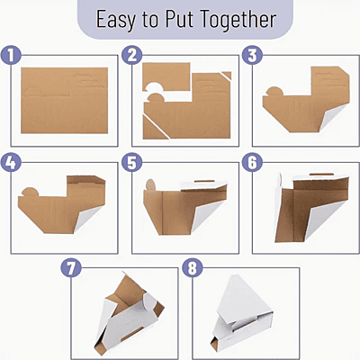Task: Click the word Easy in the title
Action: point(116,20)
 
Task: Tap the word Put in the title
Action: point(179,19)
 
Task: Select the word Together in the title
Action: point(238,20)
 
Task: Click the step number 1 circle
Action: point(11,55)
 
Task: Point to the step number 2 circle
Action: point(132,55)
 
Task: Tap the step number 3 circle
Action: point(252,55)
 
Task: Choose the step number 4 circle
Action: point(11,162)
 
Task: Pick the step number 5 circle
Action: point(132,162)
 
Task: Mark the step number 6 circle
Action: point(252,162)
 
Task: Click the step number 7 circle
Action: point(71,267)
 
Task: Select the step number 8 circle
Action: point(193,267)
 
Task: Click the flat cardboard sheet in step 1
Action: point(65,101)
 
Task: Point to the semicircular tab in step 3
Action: point(274,91)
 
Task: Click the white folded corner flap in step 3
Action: point(333,115)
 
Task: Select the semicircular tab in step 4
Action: point(31,192)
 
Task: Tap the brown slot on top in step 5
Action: point(204,181)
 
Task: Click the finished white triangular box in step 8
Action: point(241,313)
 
